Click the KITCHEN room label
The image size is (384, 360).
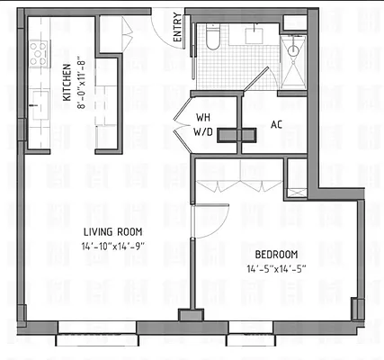(x=67, y=83)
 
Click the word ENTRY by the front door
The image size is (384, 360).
(x=176, y=31)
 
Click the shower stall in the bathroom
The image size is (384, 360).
(x=292, y=59)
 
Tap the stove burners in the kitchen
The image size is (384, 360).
(x=40, y=55)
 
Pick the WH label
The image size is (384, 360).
(x=203, y=117)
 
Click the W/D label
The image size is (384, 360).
(x=203, y=133)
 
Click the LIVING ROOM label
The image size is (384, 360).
(x=110, y=230)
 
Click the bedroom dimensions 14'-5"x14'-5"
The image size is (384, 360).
(x=277, y=268)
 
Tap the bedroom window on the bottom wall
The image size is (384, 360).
(x=280, y=339)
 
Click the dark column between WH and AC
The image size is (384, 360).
(x=239, y=134)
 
